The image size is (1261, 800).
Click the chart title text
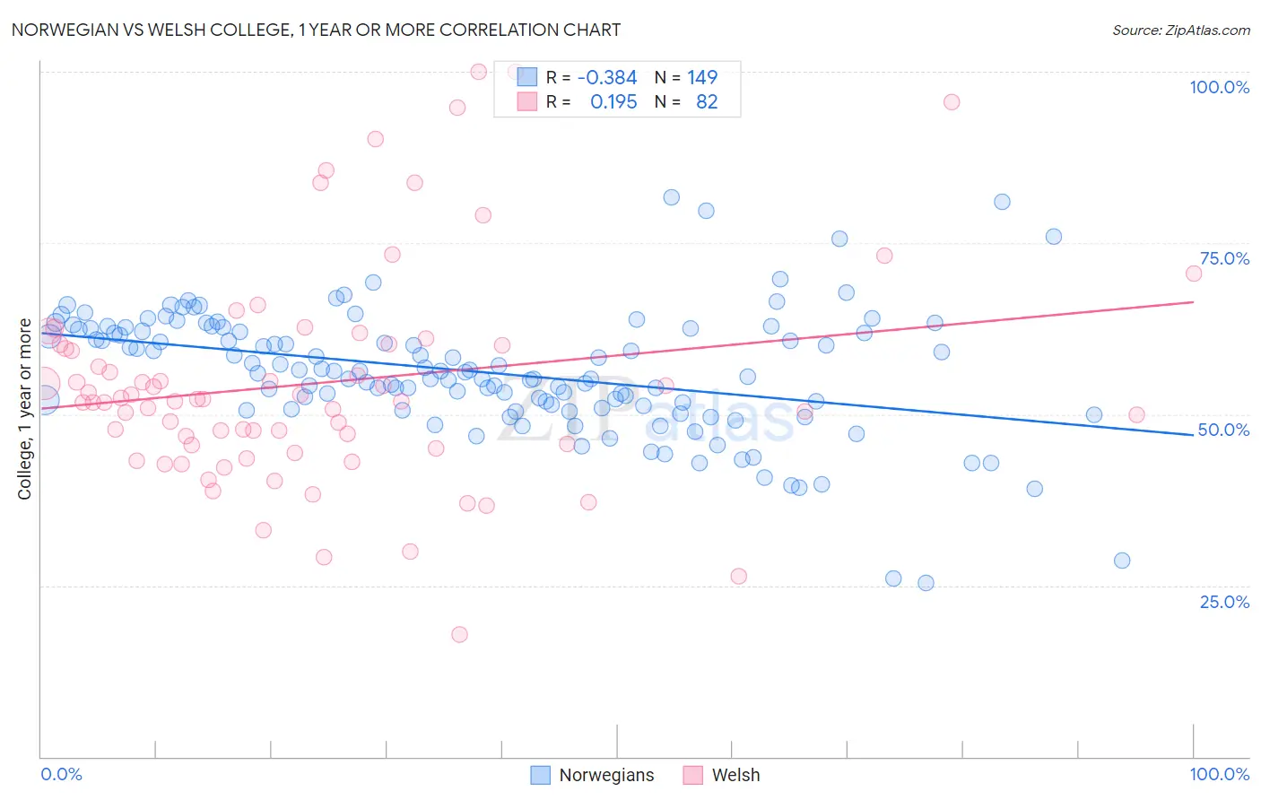316,30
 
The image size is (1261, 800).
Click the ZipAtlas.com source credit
1180,30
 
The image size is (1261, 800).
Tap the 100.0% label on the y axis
1219,87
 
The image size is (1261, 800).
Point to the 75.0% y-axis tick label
1224,258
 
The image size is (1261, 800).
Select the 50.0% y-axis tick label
1224,430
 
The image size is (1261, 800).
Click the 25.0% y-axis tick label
1224,602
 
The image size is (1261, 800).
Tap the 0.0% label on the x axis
62,774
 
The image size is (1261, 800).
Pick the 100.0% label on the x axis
1219,774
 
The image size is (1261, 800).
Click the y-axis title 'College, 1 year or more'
25,409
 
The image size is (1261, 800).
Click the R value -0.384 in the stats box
606,78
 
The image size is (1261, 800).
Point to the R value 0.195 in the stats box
613,102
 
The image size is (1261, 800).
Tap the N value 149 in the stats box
702,78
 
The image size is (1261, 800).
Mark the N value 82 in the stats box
707,102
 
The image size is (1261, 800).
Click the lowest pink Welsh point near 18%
459,634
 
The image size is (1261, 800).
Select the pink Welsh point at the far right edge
1193,274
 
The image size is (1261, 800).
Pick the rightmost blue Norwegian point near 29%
1122,561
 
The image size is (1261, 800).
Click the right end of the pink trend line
1193,302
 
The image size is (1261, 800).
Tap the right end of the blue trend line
1193,434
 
